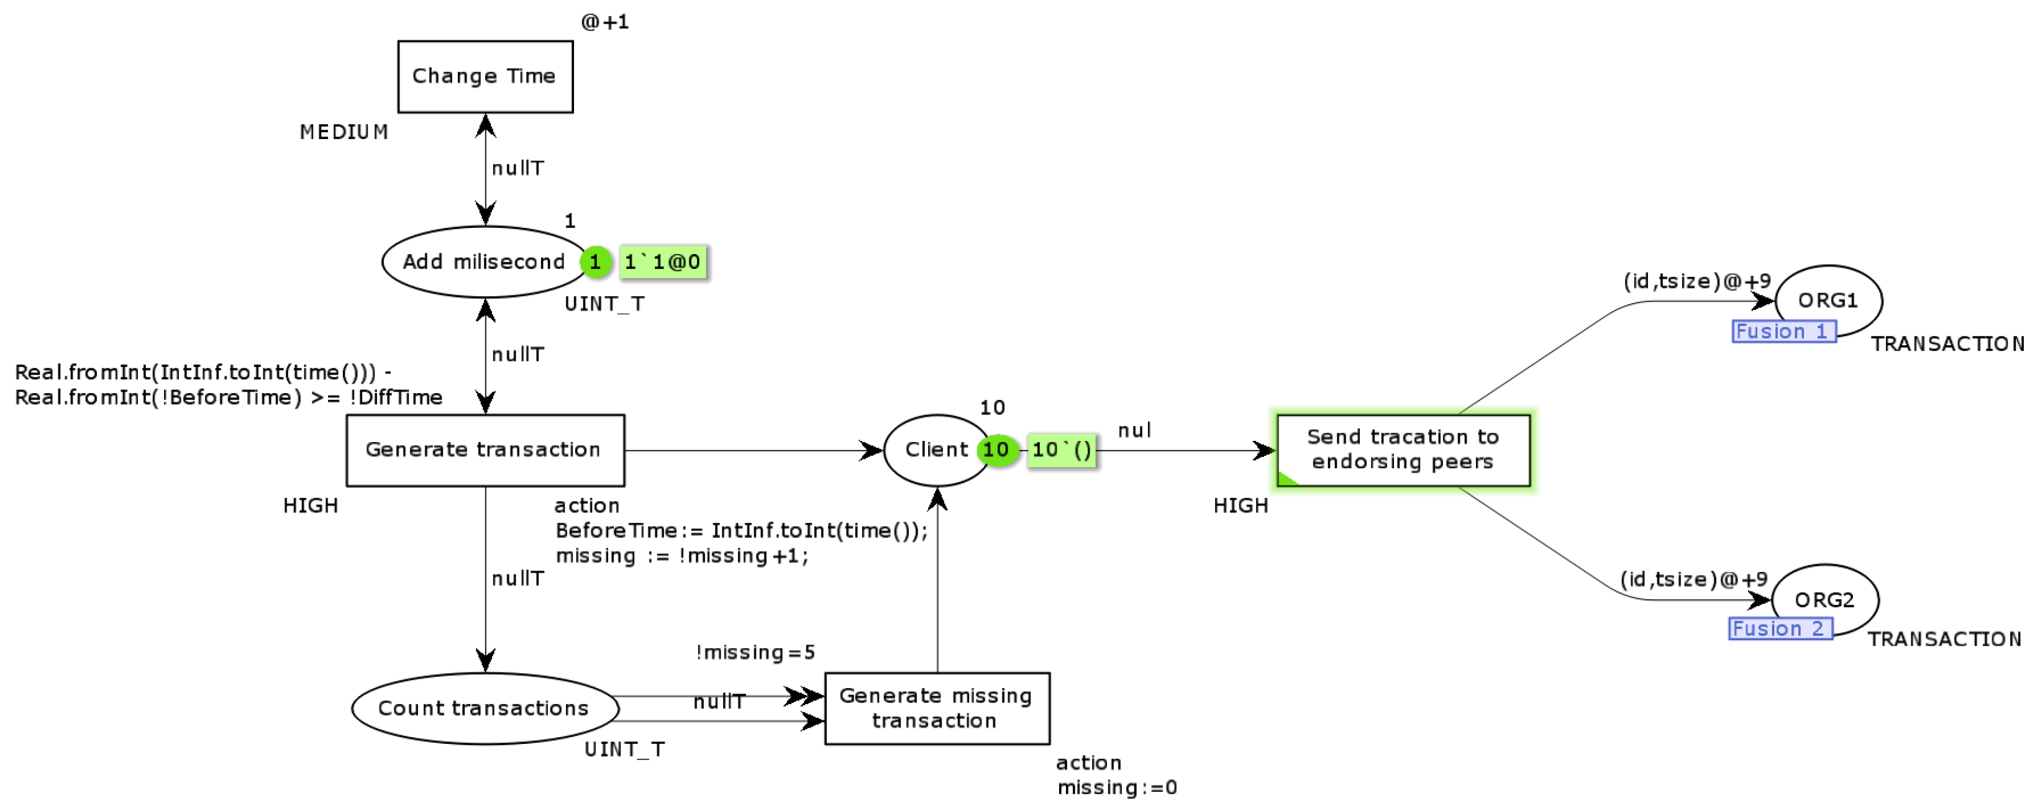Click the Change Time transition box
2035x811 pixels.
485,76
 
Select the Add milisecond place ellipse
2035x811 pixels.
483,262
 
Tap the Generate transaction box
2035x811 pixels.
485,450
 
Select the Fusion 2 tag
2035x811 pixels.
1779,628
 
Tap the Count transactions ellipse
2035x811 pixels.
483,709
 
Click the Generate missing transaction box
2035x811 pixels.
936,709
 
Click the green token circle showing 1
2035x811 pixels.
595,262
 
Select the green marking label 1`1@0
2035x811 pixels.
662,262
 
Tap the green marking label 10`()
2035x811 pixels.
1061,450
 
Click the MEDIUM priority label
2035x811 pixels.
344,132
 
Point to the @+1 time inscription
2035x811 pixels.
604,22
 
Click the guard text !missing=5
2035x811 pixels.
755,652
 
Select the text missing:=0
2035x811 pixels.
1116,787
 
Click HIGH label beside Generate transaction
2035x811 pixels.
311,505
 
